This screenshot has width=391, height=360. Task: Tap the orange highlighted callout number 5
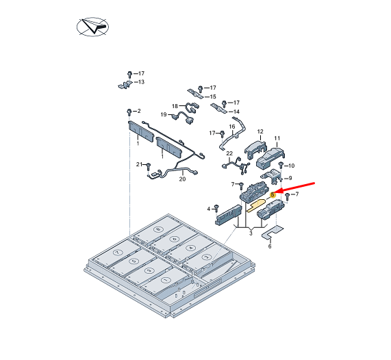click(273, 194)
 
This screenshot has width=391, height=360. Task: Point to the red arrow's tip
click(275, 193)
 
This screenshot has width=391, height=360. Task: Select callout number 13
click(141, 81)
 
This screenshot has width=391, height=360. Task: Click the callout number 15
click(213, 97)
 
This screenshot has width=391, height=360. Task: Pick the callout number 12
click(260, 131)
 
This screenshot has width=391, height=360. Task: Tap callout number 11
click(277, 138)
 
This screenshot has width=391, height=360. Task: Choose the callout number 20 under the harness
click(182, 179)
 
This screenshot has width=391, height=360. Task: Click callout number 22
click(229, 153)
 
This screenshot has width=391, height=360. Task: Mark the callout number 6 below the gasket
click(270, 246)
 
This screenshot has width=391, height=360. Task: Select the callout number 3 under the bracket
click(251, 233)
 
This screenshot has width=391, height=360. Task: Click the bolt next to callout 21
click(149, 166)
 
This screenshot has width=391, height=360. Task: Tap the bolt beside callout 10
click(281, 164)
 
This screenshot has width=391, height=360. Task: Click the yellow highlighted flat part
click(256, 205)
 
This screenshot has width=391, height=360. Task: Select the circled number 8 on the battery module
click(158, 229)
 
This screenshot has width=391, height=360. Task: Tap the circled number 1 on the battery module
click(165, 280)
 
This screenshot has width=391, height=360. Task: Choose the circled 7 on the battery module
click(116, 253)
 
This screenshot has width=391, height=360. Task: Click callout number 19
click(164, 114)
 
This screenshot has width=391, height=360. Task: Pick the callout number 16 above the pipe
click(232, 127)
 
